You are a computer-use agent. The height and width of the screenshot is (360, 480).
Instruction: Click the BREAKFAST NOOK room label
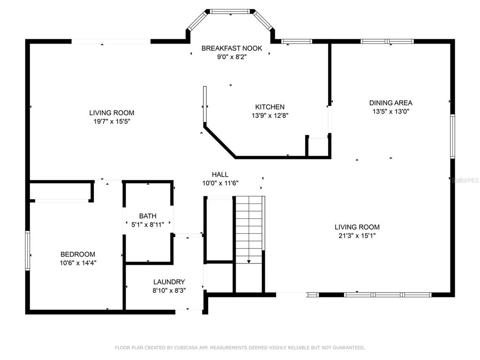(x=232, y=48)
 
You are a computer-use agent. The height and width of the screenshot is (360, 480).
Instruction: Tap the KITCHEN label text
(x=270, y=107)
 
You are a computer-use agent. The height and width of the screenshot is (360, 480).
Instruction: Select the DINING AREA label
(x=390, y=103)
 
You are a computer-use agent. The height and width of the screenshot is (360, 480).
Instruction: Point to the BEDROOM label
(x=78, y=254)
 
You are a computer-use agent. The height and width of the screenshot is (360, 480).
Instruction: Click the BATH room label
(x=148, y=216)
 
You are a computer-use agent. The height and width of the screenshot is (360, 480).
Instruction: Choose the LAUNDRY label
(x=169, y=282)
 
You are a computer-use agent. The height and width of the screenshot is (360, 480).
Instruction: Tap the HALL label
(x=220, y=174)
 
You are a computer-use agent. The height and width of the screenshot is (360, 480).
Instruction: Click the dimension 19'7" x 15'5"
(x=112, y=121)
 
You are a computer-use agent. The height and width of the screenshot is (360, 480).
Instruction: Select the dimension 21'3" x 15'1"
(x=357, y=235)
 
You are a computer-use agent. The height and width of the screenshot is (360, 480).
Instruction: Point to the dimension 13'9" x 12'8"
(x=270, y=115)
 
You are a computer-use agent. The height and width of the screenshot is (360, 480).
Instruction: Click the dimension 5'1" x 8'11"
(x=148, y=225)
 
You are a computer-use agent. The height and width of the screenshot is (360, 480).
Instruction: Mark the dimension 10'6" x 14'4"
(x=78, y=262)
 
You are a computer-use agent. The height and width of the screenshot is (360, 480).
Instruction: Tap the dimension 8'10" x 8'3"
(x=169, y=290)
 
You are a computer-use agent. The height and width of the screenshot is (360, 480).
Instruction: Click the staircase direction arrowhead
(x=249, y=262)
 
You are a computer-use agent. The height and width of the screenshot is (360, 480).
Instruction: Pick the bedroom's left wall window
(x=28, y=250)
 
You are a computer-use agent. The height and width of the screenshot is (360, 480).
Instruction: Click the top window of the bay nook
(x=230, y=12)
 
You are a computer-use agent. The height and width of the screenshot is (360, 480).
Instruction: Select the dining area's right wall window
(x=452, y=136)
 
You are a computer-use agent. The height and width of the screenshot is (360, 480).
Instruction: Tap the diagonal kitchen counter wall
(x=220, y=142)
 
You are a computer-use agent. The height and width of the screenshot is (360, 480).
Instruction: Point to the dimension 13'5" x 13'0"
(x=390, y=112)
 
